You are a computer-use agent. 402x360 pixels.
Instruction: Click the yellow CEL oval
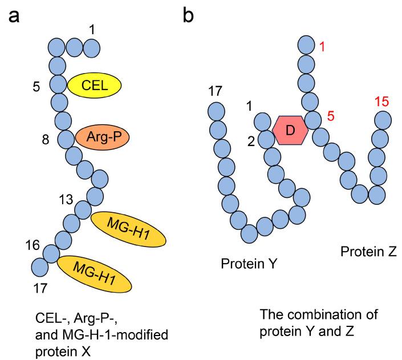tap(95, 86)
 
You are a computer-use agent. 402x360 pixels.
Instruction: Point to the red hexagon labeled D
tap(290, 130)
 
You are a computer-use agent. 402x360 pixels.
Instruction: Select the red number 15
tap(383, 102)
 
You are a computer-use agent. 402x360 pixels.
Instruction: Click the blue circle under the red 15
tap(382, 120)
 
